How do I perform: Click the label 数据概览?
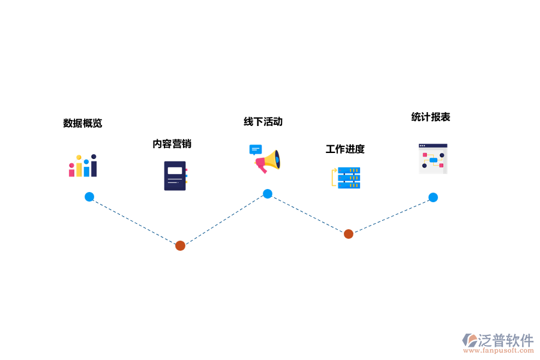pos(83,123)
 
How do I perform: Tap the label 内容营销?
pos(172,144)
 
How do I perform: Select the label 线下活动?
pos(263,122)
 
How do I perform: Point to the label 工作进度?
pos(345,149)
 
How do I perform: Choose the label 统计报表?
pos(431,117)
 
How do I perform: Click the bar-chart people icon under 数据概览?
pos(83,166)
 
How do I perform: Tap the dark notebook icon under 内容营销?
pos(175,176)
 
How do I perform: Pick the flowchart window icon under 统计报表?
pos(433,158)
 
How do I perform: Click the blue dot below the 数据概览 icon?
pos(89,197)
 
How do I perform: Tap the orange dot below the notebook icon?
pos(180,245)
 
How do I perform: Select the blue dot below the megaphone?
pos(268,194)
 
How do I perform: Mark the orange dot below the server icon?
pos(349,234)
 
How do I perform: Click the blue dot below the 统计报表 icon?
pos(433,197)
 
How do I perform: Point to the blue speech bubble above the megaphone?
pos(256,149)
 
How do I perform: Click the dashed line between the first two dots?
pos(135,221)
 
